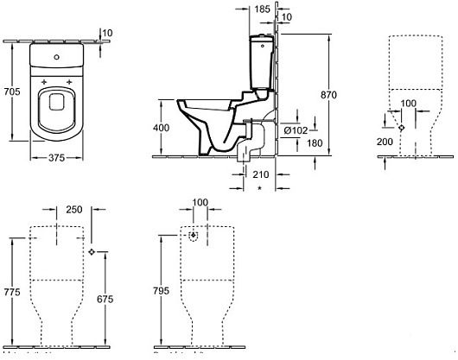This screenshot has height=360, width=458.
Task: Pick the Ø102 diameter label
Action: [x=296, y=130]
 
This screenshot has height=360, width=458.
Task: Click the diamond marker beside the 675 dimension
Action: [x=92, y=251]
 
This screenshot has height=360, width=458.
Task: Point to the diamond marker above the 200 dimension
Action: [x=399, y=127]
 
